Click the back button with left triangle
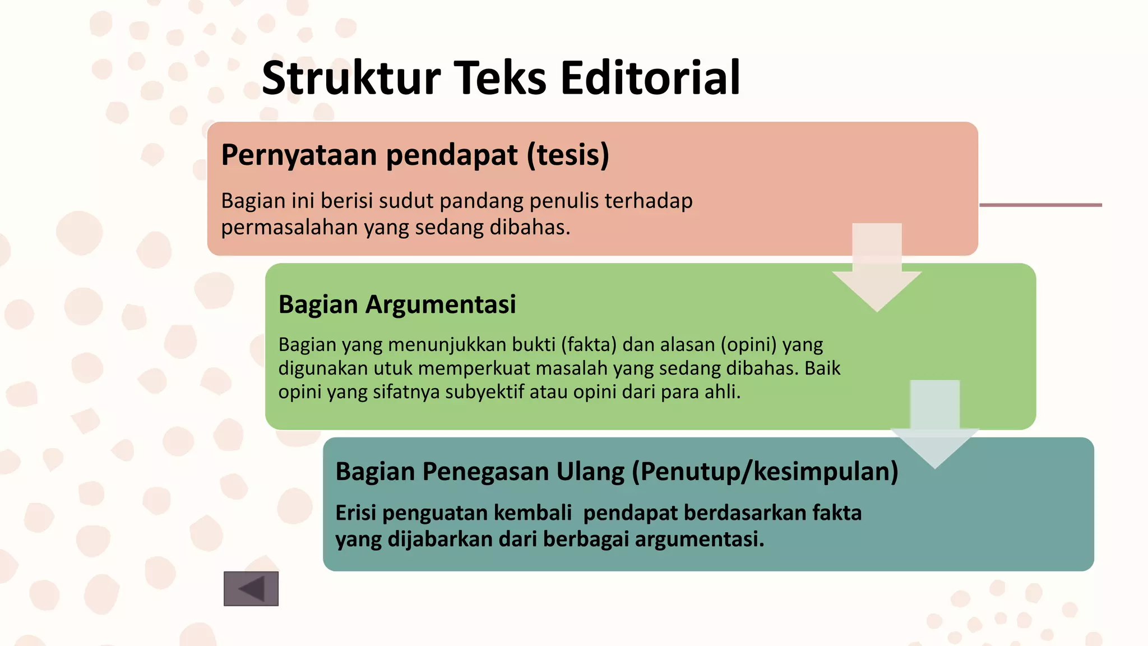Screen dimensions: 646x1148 251,589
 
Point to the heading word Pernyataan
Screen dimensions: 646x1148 299,155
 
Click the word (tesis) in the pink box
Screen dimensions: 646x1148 567,155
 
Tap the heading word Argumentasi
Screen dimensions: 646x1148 441,304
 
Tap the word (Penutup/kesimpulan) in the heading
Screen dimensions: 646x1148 765,471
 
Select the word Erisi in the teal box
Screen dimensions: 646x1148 355,513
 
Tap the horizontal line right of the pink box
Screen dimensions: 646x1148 1040,205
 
